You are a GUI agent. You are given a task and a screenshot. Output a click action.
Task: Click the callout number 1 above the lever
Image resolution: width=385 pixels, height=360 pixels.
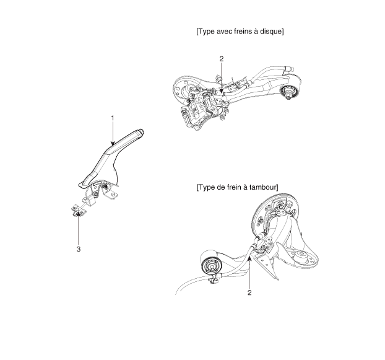pyautogui.click(x=112, y=117)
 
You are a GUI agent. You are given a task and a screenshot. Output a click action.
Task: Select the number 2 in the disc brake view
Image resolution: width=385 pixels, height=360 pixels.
pyautogui.click(x=221, y=59)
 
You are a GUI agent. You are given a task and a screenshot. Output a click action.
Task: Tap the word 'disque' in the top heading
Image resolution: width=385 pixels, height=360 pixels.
pyautogui.click(x=270, y=32)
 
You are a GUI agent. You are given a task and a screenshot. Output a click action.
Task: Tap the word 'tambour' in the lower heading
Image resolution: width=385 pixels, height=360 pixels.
pyautogui.click(x=261, y=187)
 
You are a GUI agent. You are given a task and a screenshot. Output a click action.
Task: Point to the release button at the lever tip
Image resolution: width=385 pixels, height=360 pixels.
pyautogui.click(x=142, y=131)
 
